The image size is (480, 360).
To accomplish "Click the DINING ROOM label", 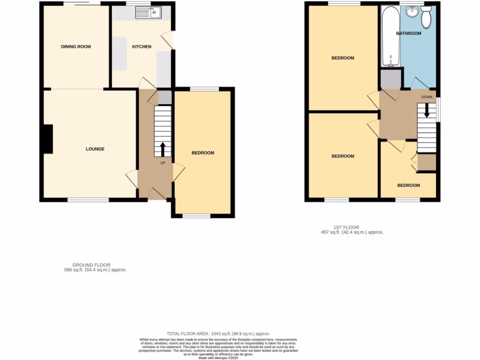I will click(x=75, y=46).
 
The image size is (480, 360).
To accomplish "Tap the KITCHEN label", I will click(x=142, y=46).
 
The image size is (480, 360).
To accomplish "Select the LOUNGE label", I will click(x=95, y=149).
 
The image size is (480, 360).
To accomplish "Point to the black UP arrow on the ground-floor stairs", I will click(x=163, y=149).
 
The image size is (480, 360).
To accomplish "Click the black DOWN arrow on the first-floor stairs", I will click(x=427, y=111).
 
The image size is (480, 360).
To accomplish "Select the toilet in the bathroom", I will click(x=427, y=17).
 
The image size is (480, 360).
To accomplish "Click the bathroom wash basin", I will click(x=412, y=12).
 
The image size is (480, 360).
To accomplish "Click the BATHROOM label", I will click(x=408, y=33).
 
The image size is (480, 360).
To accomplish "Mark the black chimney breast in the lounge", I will click(x=47, y=139).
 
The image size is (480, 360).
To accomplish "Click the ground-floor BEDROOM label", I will click(x=202, y=153).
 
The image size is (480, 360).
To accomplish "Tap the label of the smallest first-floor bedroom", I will click(x=408, y=185).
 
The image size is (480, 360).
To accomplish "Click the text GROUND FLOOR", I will click(x=91, y=265).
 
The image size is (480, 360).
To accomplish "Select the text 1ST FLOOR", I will click(x=350, y=227).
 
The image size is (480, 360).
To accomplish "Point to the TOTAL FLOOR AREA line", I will click(x=218, y=333).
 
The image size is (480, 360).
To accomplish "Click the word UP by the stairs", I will click(x=163, y=163).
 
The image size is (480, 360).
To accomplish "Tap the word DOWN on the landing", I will click(x=427, y=97).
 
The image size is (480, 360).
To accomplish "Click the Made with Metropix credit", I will click(x=218, y=358).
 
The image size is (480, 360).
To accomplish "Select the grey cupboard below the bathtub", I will click(x=390, y=78).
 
